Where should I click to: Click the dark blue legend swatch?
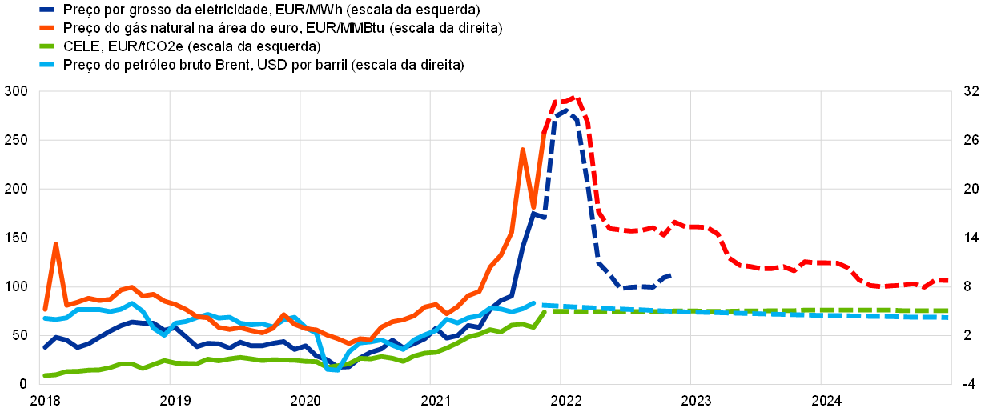click(x=47, y=10)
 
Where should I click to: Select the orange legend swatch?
click(x=47, y=27)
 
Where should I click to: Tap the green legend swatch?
click(x=47, y=46)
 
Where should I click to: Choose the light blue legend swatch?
click(x=47, y=64)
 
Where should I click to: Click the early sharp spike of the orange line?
click(x=55, y=243)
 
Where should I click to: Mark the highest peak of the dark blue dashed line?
click(x=566, y=110)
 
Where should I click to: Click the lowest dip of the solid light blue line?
click(x=332, y=370)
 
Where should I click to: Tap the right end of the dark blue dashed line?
click(x=669, y=275)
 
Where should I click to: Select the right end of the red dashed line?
click(x=948, y=280)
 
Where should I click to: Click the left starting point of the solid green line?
click(x=45, y=375)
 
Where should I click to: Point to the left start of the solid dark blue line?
click(x=45, y=348)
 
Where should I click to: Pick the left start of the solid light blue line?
click(x=45, y=318)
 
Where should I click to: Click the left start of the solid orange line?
click(x=45, y=309)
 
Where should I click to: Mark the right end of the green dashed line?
click(x=948, y=310)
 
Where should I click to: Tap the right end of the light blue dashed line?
click(x=948, y=318)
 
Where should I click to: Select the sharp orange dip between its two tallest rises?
click(x=533, y=207)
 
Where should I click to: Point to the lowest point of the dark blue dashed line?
click(x=625, y=288)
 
